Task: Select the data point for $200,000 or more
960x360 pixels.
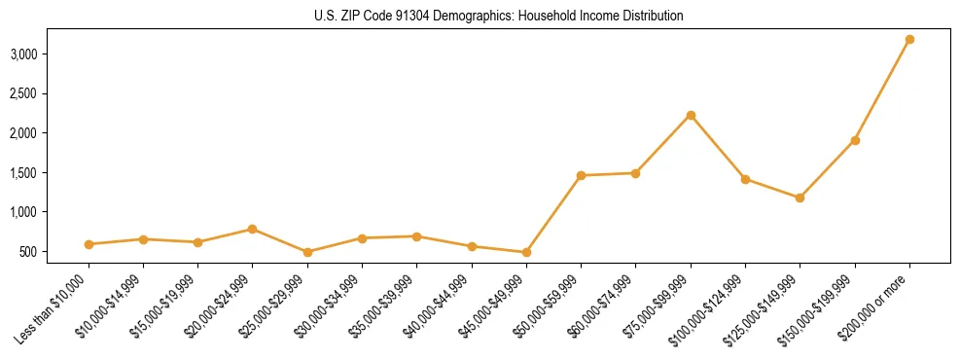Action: pyautogui.click(x=909, y=40)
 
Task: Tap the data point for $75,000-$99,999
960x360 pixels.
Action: pyautogui.click(x=691, y=115)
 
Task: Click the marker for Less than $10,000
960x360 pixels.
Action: pyautogui.click(x=89, y=244)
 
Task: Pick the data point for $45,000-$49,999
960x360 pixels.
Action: pyautogui.click(x=526, y=252)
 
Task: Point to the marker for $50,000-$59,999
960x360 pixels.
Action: pyautogui.click(x=581, y=175)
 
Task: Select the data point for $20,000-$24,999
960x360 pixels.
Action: pyautogui.click(x=253, y=229)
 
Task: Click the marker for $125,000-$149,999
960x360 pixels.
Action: pyautogui.click(x=800, y=198)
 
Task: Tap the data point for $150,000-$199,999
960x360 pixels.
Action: pyautogui.click(x=855, y=140)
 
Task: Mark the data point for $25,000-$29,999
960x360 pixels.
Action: pyautogui.click(x=307, y=252)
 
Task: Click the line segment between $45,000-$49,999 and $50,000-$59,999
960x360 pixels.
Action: pyautogui.click(x=553, y=214)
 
